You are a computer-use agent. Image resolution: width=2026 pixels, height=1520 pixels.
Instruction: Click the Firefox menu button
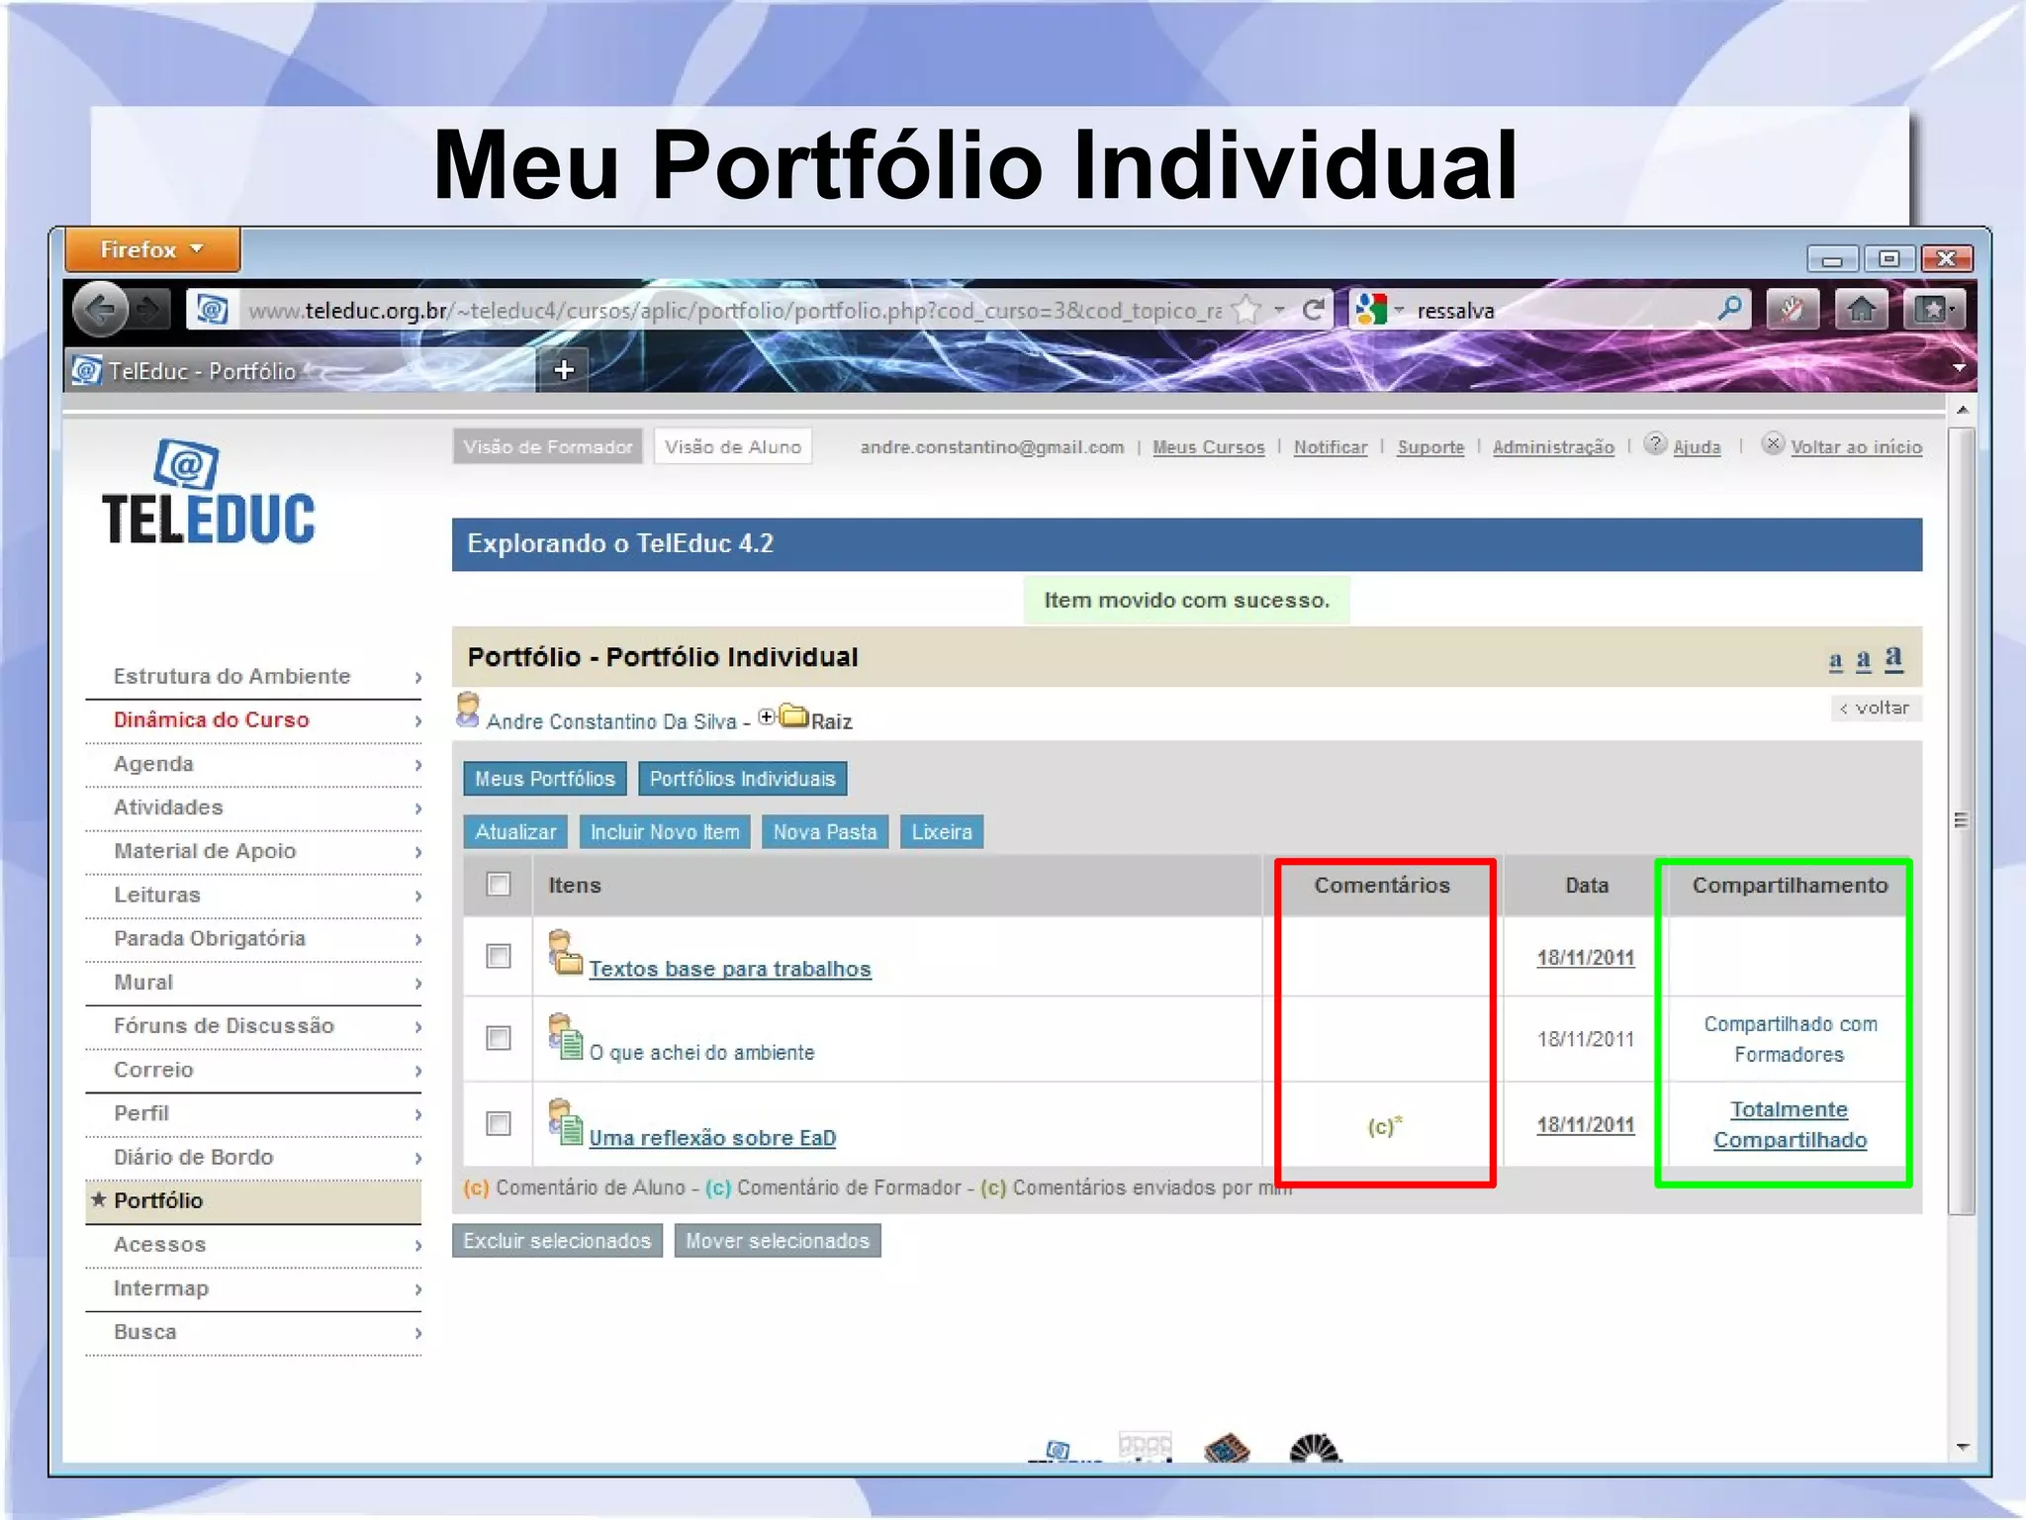pos(152,250)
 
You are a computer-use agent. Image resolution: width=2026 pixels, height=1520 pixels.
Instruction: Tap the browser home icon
pos(1861,311)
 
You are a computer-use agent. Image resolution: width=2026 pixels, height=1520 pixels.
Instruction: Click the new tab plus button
pos(564,370)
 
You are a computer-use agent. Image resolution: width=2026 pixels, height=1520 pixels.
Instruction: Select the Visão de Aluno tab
pos(733,447)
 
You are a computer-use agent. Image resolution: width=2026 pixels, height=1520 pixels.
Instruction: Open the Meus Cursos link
pos(1208,447)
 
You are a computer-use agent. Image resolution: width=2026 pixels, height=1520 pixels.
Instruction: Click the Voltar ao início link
pos(1856,447)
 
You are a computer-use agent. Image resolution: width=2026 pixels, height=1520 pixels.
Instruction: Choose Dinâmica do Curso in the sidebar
pos(212,720)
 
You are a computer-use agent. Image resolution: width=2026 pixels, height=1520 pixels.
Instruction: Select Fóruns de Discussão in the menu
pos(224,1026)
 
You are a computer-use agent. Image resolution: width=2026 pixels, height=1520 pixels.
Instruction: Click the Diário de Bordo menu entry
pos(193,1157)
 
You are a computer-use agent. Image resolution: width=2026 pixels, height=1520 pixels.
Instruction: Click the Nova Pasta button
pos(825,832)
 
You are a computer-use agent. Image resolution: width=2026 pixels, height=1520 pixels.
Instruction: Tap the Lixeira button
pos(942,832)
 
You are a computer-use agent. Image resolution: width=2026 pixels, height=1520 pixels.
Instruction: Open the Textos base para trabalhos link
pos(730,970)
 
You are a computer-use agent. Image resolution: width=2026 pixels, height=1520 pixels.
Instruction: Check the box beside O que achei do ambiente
pos(499,1038)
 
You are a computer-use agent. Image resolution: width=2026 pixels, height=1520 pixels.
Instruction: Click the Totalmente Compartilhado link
pos(1790,1125)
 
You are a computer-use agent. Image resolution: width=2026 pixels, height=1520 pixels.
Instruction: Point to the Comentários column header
pos(1382,886)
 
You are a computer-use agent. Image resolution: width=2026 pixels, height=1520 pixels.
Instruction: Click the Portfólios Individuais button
pos(742,779)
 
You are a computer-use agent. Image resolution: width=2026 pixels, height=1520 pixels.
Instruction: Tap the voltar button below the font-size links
pos(1876,709)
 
